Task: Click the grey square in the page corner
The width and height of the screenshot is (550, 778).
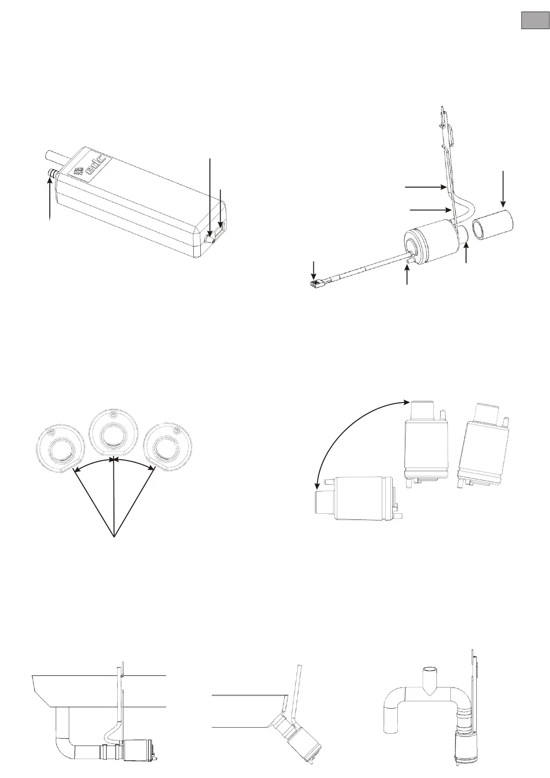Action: (x=535, y=20)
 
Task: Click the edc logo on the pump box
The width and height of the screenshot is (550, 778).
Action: (x=91, y=168)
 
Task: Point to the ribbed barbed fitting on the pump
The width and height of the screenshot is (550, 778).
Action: (x=52, y=174)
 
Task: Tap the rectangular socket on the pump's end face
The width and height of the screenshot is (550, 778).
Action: (x=222, y=229)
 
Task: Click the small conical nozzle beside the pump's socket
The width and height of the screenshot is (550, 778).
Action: (x=210, y=240)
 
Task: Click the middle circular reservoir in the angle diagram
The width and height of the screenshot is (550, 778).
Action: (x=113, y=434)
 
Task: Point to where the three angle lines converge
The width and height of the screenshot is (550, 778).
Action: (x=114, y=536)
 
